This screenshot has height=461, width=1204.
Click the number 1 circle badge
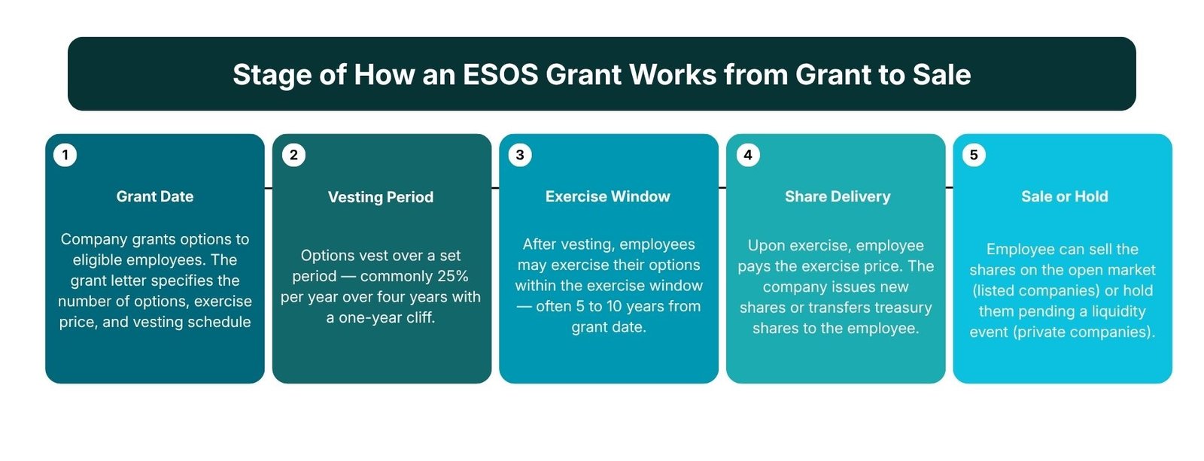pos(65,155)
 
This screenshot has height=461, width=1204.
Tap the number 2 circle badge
pos(293,155)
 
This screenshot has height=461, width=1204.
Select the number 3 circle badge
pos(520,155)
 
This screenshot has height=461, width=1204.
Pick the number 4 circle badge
pos(748,155)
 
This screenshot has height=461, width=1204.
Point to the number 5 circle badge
pos(974,155)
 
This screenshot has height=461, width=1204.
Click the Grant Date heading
pos(155,196)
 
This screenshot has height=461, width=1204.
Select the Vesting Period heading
pos(381,197)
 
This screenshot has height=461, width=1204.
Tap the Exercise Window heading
pos(608,196)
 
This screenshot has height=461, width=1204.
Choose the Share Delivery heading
pos(838,196)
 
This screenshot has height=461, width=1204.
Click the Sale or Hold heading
pos(1064,196)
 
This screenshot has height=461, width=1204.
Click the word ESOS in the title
pos(500,74)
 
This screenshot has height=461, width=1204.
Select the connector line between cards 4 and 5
pos(949,187)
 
